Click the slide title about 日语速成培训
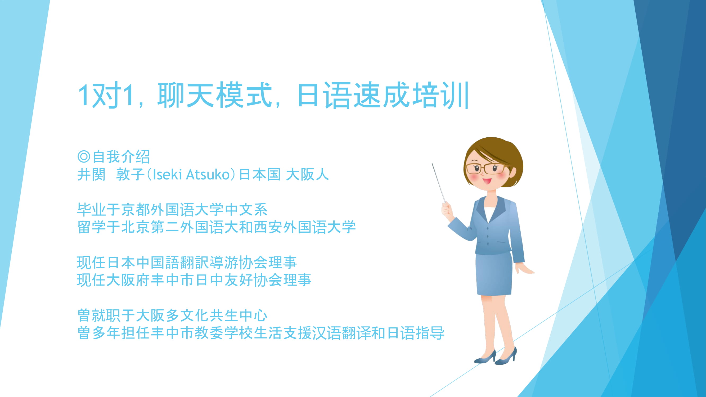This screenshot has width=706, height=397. pos(273,95)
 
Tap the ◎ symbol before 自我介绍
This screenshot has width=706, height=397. pos(84,157)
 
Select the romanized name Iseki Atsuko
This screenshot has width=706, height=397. pos(191,174)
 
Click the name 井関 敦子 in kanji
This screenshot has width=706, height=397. pos(111,174)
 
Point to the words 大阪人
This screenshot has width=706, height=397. pos(307,174)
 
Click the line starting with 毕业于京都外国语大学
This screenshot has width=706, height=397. pos(172,210)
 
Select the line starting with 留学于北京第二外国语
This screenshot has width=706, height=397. pos(217,227)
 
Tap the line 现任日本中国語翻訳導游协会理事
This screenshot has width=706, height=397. pos(187,263)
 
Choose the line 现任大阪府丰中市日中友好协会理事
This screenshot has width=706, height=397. pos(194,280)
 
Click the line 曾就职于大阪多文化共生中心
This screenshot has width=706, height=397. pos(172,315)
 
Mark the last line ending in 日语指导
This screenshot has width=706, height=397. pos(261,333)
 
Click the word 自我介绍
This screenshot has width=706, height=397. pos(121,157)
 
